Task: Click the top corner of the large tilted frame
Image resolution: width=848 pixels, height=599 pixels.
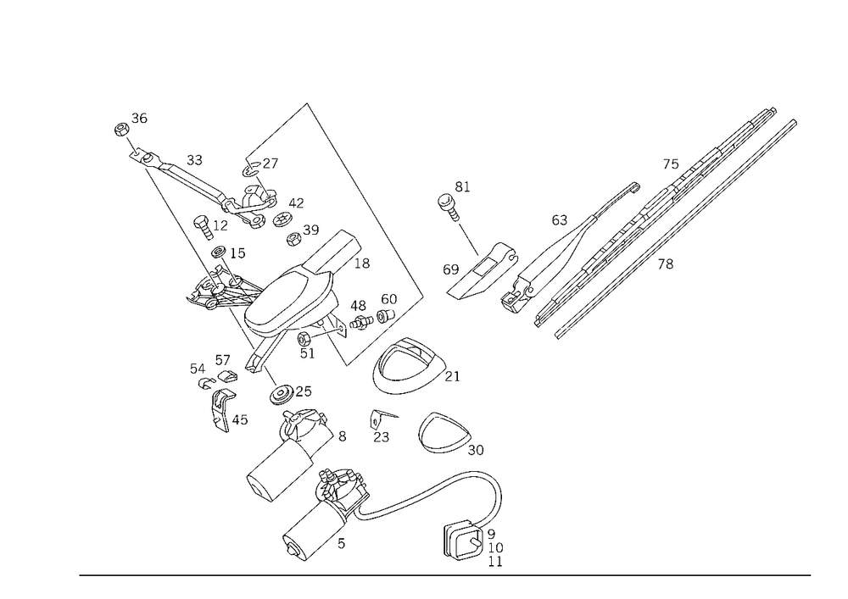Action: [310, 104]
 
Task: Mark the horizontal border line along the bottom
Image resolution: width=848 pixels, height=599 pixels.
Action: [445, 574]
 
